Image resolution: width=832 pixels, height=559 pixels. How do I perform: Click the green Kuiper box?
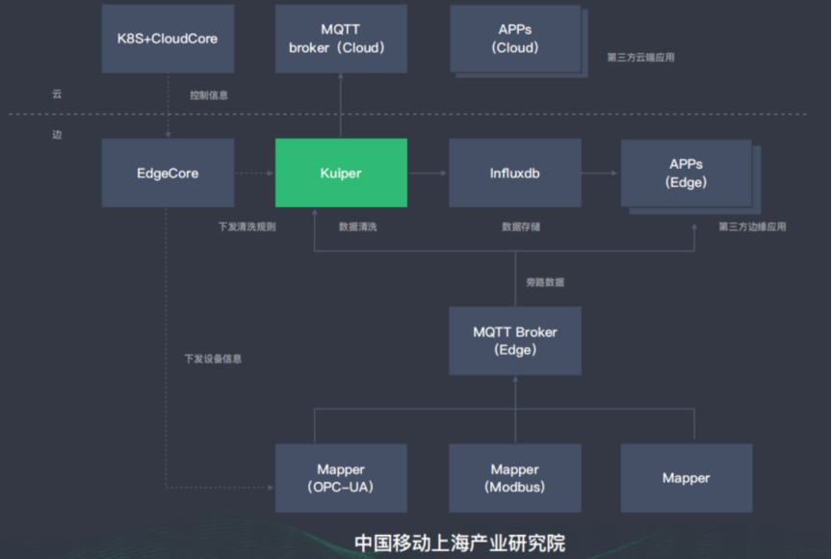click(x=341, y=173)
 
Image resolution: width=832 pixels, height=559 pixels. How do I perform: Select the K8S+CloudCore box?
click(x=168, y=39)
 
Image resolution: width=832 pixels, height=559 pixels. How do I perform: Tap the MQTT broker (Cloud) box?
click(x=341, y=39)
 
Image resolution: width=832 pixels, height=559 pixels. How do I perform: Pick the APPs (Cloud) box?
click(x=515, y=39)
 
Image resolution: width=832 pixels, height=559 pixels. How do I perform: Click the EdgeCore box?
click(x=168, y=173)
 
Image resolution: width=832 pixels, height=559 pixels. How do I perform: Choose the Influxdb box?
click(x=515, y=173)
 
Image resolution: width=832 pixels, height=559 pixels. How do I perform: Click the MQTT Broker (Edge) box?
click(x=515, y=341)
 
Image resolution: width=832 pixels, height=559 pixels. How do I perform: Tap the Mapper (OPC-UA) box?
click(x=341, y=478)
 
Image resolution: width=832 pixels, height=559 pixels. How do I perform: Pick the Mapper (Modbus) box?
click(x=515, y=478)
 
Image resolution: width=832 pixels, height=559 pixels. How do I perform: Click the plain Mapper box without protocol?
click(x=687, y=478)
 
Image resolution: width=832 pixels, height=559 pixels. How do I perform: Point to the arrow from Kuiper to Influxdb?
click(x=428, y=173)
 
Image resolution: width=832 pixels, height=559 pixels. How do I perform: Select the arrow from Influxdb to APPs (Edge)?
click(x=600, y=173)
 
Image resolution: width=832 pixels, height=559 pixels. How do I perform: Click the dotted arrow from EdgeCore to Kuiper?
click(x=254, y=173)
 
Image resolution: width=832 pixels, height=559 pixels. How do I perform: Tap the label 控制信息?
click(x=209, y=95)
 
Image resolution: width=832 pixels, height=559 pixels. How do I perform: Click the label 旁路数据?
click(x=545, y=282)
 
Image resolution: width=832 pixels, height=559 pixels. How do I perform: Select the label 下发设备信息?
click(x=213, y=359)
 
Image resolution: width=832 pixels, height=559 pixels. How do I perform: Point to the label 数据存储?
click(x=521, y=226)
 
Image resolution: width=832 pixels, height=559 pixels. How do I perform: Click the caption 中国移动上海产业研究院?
click(x=460, y=543)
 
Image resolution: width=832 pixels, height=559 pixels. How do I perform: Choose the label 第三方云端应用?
click(x=641, y=57)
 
